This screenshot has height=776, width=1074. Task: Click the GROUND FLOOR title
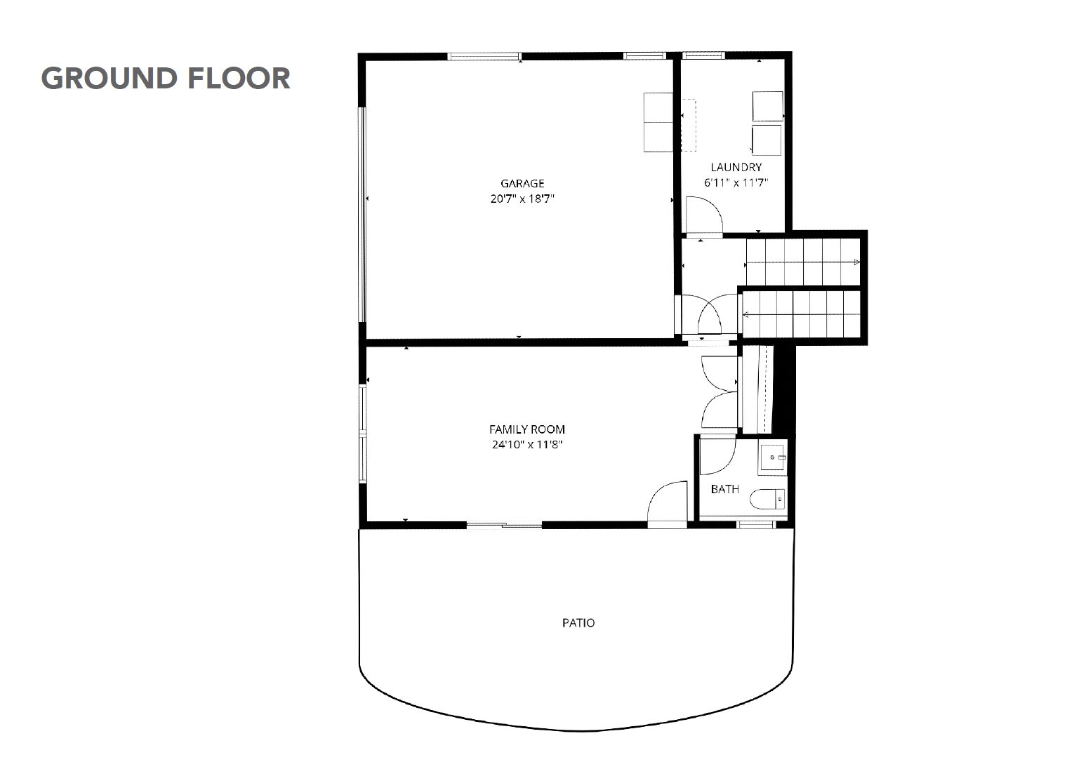[166, 79]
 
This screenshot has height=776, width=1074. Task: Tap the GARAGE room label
[522, 183]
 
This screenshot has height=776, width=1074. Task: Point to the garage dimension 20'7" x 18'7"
[522, 199]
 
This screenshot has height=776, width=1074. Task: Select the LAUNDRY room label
[736, 167]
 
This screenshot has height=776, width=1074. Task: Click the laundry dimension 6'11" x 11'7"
[736, 182]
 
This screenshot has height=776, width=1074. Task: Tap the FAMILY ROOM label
[527, 429]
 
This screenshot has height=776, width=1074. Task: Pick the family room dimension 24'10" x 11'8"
[527, 445]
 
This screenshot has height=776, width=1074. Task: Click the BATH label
[725, 489]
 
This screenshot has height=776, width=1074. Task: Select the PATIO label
[578, 623]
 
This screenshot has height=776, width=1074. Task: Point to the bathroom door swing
[718, 457]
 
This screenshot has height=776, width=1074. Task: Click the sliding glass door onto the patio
[504, 526]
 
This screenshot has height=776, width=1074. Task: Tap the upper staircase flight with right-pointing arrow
[803, 262]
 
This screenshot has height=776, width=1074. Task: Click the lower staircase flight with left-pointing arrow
[801, 314]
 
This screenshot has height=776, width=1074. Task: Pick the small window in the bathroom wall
[756, 526]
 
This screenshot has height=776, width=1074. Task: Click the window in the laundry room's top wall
[703, 55]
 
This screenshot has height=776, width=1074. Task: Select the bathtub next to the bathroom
[757, 389]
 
